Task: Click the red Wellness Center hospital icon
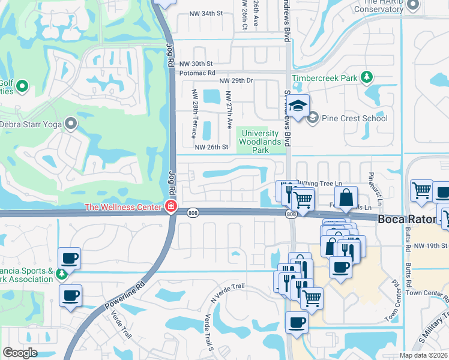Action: [x=171, y=207]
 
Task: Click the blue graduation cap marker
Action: [x=297, y=107]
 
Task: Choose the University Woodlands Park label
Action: [x=261, y=142]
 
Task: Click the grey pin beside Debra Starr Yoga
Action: [x=71, y=124]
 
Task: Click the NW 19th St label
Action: [x=430, y=246]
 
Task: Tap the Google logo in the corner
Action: [x=20, y=353]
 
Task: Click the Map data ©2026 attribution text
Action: [x=424, y=355]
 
